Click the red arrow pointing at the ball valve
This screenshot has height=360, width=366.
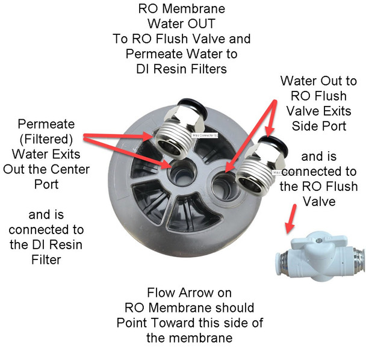291,218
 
